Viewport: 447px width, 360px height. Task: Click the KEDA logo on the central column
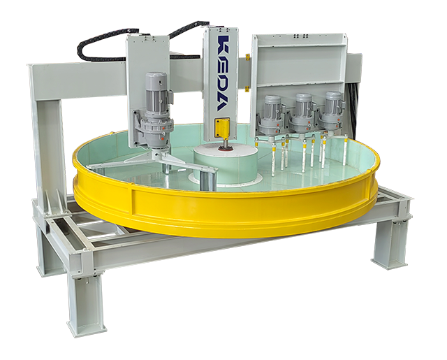(223, 73)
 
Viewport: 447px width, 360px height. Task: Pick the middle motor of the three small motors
(302, 113)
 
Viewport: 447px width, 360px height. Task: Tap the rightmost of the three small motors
(332, 112)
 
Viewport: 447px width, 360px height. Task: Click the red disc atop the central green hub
(225, 147)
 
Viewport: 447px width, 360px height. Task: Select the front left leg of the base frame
(85, 303)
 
